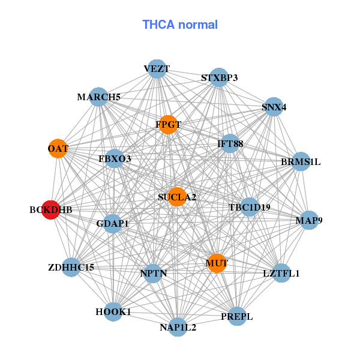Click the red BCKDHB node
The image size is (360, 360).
tap(51, 210)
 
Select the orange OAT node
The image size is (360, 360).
tap(58, 148)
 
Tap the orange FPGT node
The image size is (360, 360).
tap(168, 125)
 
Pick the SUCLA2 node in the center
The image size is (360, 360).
tap(177, 196)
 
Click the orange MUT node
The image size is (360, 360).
tap(216, 263)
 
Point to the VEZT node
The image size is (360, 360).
tap(156, 69)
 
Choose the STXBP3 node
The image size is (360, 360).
tap(220, 77)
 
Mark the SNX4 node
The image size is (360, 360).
tap(274, 107)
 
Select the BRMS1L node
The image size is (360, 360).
tap(301, 161)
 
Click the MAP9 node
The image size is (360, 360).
tap(309, 221)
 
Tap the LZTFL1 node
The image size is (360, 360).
tap(281, 273)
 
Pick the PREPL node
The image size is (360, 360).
tap(236, 316)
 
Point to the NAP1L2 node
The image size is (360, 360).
tap(178, 327)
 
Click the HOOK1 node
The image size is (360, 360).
tap(113, 312)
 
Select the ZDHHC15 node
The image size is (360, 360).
tap(71, 267)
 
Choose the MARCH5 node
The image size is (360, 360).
tap(99, 97)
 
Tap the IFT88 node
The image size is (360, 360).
tap(230, 144)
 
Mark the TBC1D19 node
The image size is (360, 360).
tap(249, 208)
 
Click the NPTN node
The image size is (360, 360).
tap(154, 274)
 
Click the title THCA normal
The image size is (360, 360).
tap(180, 25)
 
